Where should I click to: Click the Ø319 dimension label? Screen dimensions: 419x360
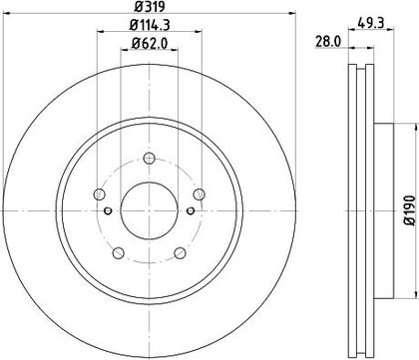pos(149,6)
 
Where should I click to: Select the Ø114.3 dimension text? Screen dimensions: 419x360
pos(150,25)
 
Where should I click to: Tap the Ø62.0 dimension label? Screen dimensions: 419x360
pos(150,43)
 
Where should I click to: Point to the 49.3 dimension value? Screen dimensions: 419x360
pos(371,23)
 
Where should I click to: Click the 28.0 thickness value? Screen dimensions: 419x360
pos(327,42)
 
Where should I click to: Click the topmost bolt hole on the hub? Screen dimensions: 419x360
pos(150,158)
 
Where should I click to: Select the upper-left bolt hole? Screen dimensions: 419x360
pos(100,194)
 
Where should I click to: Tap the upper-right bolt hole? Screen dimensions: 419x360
pos(200,194)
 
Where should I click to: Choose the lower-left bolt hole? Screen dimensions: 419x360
pos(119,253)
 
